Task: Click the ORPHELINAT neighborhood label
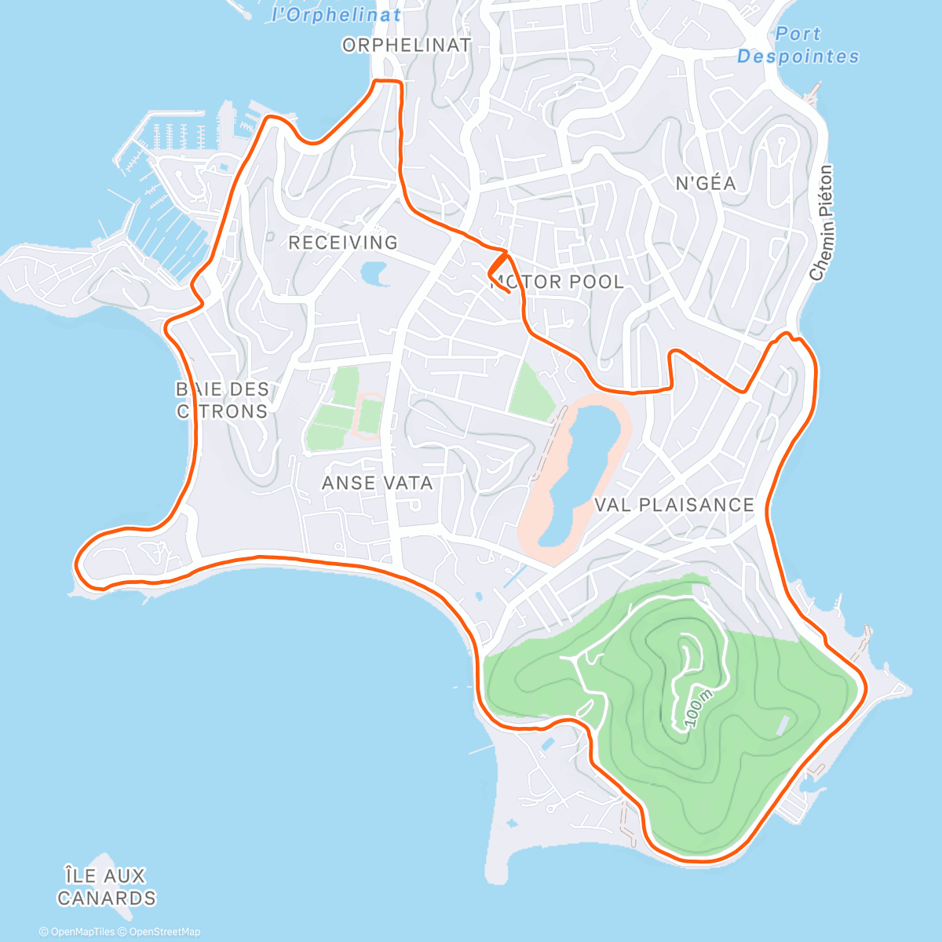[407, 46]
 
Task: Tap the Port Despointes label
[798, 46]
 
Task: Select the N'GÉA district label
[706, 184]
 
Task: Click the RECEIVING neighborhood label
[343, 243]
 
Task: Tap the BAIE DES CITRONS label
[222, 400]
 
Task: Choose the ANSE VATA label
[378, 483]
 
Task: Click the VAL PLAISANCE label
[674, 505]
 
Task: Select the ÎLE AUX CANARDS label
[106, 886]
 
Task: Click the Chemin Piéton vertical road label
[821, 223]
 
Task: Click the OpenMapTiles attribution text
[77, 932]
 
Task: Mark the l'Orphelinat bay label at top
[336, 14]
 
